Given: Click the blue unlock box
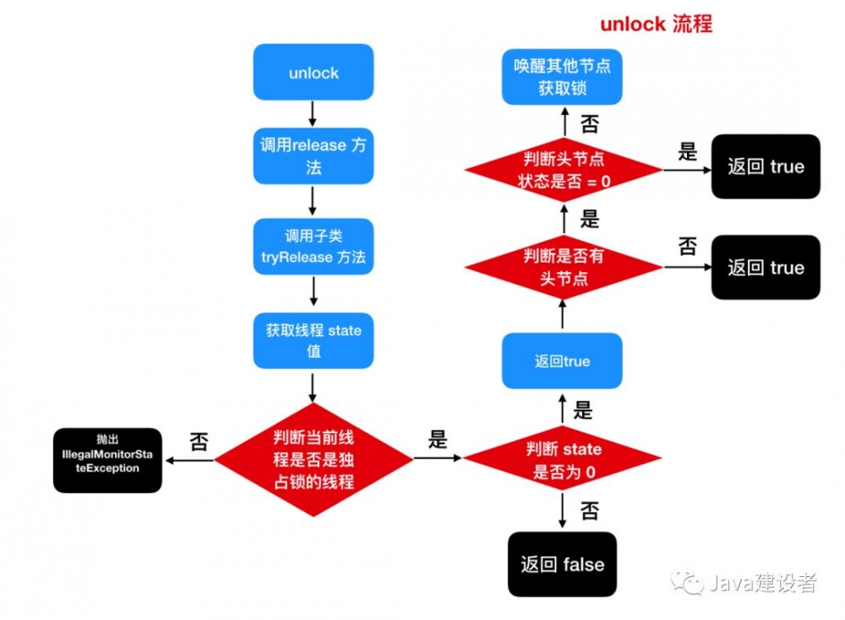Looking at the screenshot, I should (x=313, y=73).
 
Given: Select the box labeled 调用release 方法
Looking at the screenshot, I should (x=313, y=156).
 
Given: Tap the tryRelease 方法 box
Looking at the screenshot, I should (x=313, y=247).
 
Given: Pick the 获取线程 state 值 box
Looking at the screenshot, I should (x=313, y=340).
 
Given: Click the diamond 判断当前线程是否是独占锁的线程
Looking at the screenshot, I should (x=313, y=460).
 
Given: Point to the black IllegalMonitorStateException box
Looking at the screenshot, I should (x=107, y=460).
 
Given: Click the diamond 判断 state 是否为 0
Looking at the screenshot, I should (x=563, y=460).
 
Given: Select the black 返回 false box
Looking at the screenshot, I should (x=563, y=564).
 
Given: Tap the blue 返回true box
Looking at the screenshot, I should (x=563, y=362).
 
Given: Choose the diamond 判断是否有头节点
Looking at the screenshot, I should (x=563, y=267).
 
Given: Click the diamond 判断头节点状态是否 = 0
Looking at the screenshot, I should (x=563, y=170).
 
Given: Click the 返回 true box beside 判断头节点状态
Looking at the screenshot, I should (x=766, y=166).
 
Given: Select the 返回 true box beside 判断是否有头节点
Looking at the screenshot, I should (x=766, y=268).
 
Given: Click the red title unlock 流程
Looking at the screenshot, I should (x=656, y=24).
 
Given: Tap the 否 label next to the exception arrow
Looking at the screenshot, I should (x=198, y=442).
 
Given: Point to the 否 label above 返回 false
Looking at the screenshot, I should (x=590, y=509).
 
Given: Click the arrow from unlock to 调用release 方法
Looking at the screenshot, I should (x=313, y=112).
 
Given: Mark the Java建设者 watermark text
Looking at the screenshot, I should (x=761, y=583).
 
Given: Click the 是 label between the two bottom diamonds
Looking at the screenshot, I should (x=438, y=439).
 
